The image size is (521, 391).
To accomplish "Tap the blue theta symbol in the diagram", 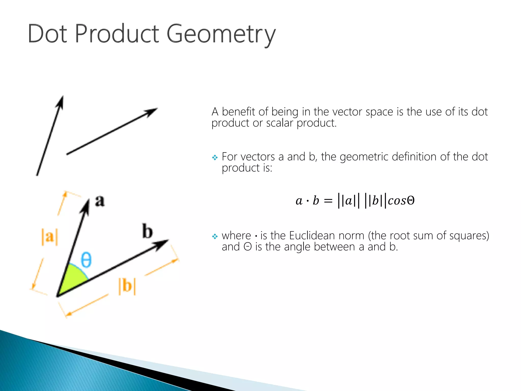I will click(x=86, y=260).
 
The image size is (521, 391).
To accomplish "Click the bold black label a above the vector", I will click(x=100, y=201).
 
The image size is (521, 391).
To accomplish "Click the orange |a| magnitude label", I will click(x=50, y=237).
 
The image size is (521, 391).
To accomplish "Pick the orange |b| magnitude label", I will click(x=127, y=286).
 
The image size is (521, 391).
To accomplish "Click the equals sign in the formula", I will click(x=328, y=201).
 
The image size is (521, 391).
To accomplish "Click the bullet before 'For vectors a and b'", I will click(x=215, y=158).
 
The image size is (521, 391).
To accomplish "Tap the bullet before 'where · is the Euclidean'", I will click(x=215, y=236).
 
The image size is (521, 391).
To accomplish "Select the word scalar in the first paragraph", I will click(x=280, y=123).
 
